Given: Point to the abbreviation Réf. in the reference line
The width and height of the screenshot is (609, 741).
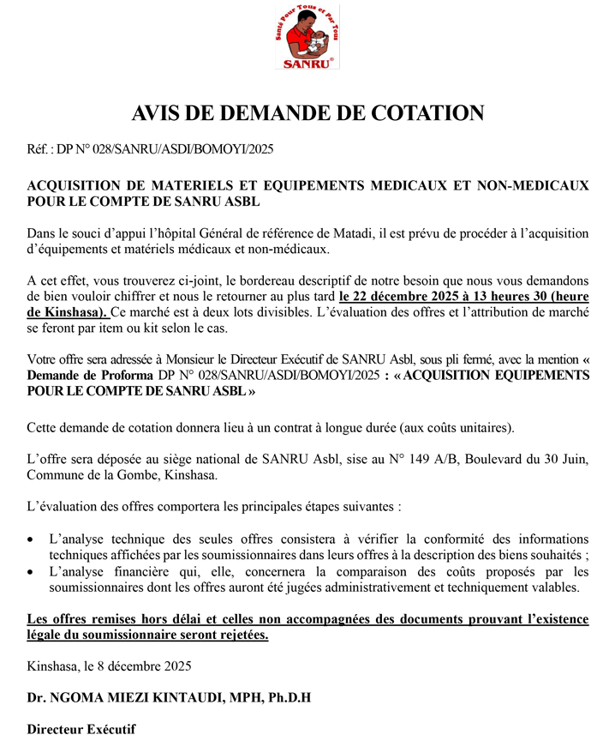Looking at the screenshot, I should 39,150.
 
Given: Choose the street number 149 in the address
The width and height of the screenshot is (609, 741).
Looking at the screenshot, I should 394,459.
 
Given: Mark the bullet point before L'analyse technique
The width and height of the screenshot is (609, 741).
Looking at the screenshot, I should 32,540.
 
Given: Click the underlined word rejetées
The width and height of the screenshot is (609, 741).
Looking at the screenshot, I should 241,635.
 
